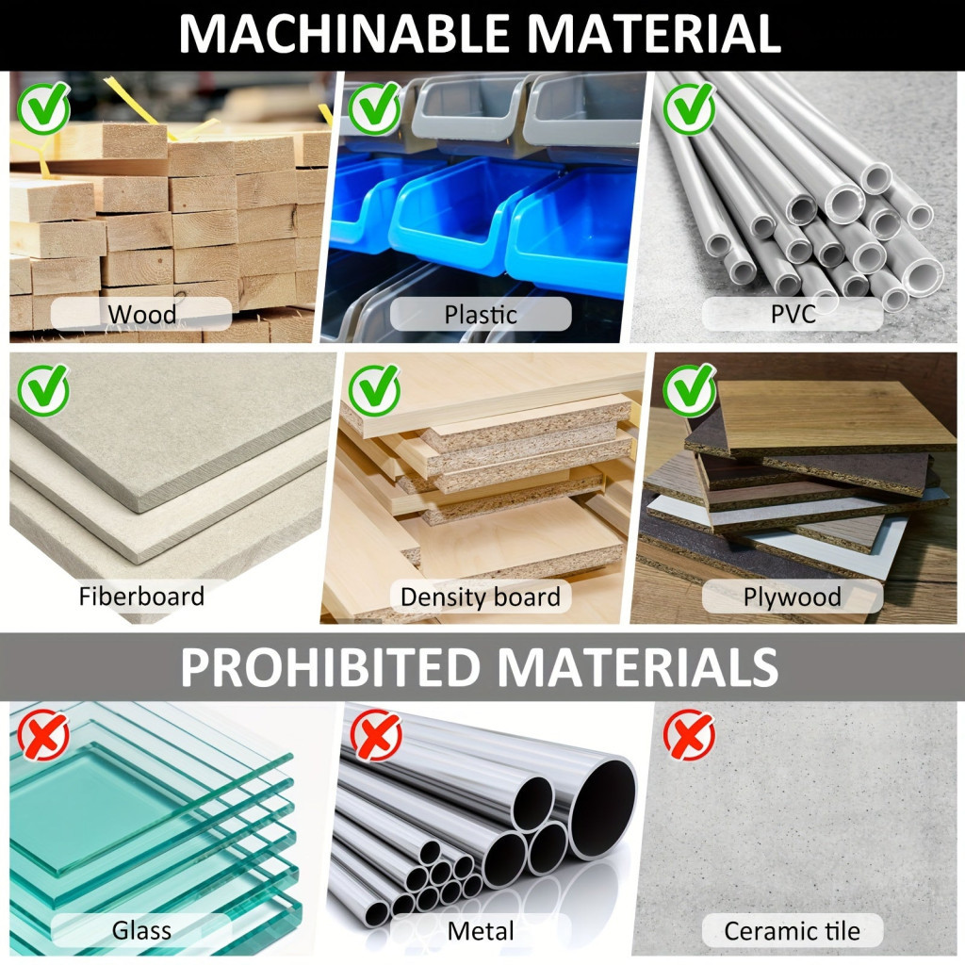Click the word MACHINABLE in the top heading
[345, 34]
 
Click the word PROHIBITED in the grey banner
[330, 667]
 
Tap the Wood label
[142, 315]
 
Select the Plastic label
[481, 315]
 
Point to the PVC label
[793, 314]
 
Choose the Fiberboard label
[141, 597]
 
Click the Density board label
[481, 597]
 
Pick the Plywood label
[792, 597]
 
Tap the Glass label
[141, 930]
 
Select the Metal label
[481, 930]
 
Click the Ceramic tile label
[792, 930]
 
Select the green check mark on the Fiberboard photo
[43, 389]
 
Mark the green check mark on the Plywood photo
[690, 389]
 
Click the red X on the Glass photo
[43, 735]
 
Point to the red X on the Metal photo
[376, 735]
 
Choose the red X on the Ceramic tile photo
[690, 735]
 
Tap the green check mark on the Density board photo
[375, 389]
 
